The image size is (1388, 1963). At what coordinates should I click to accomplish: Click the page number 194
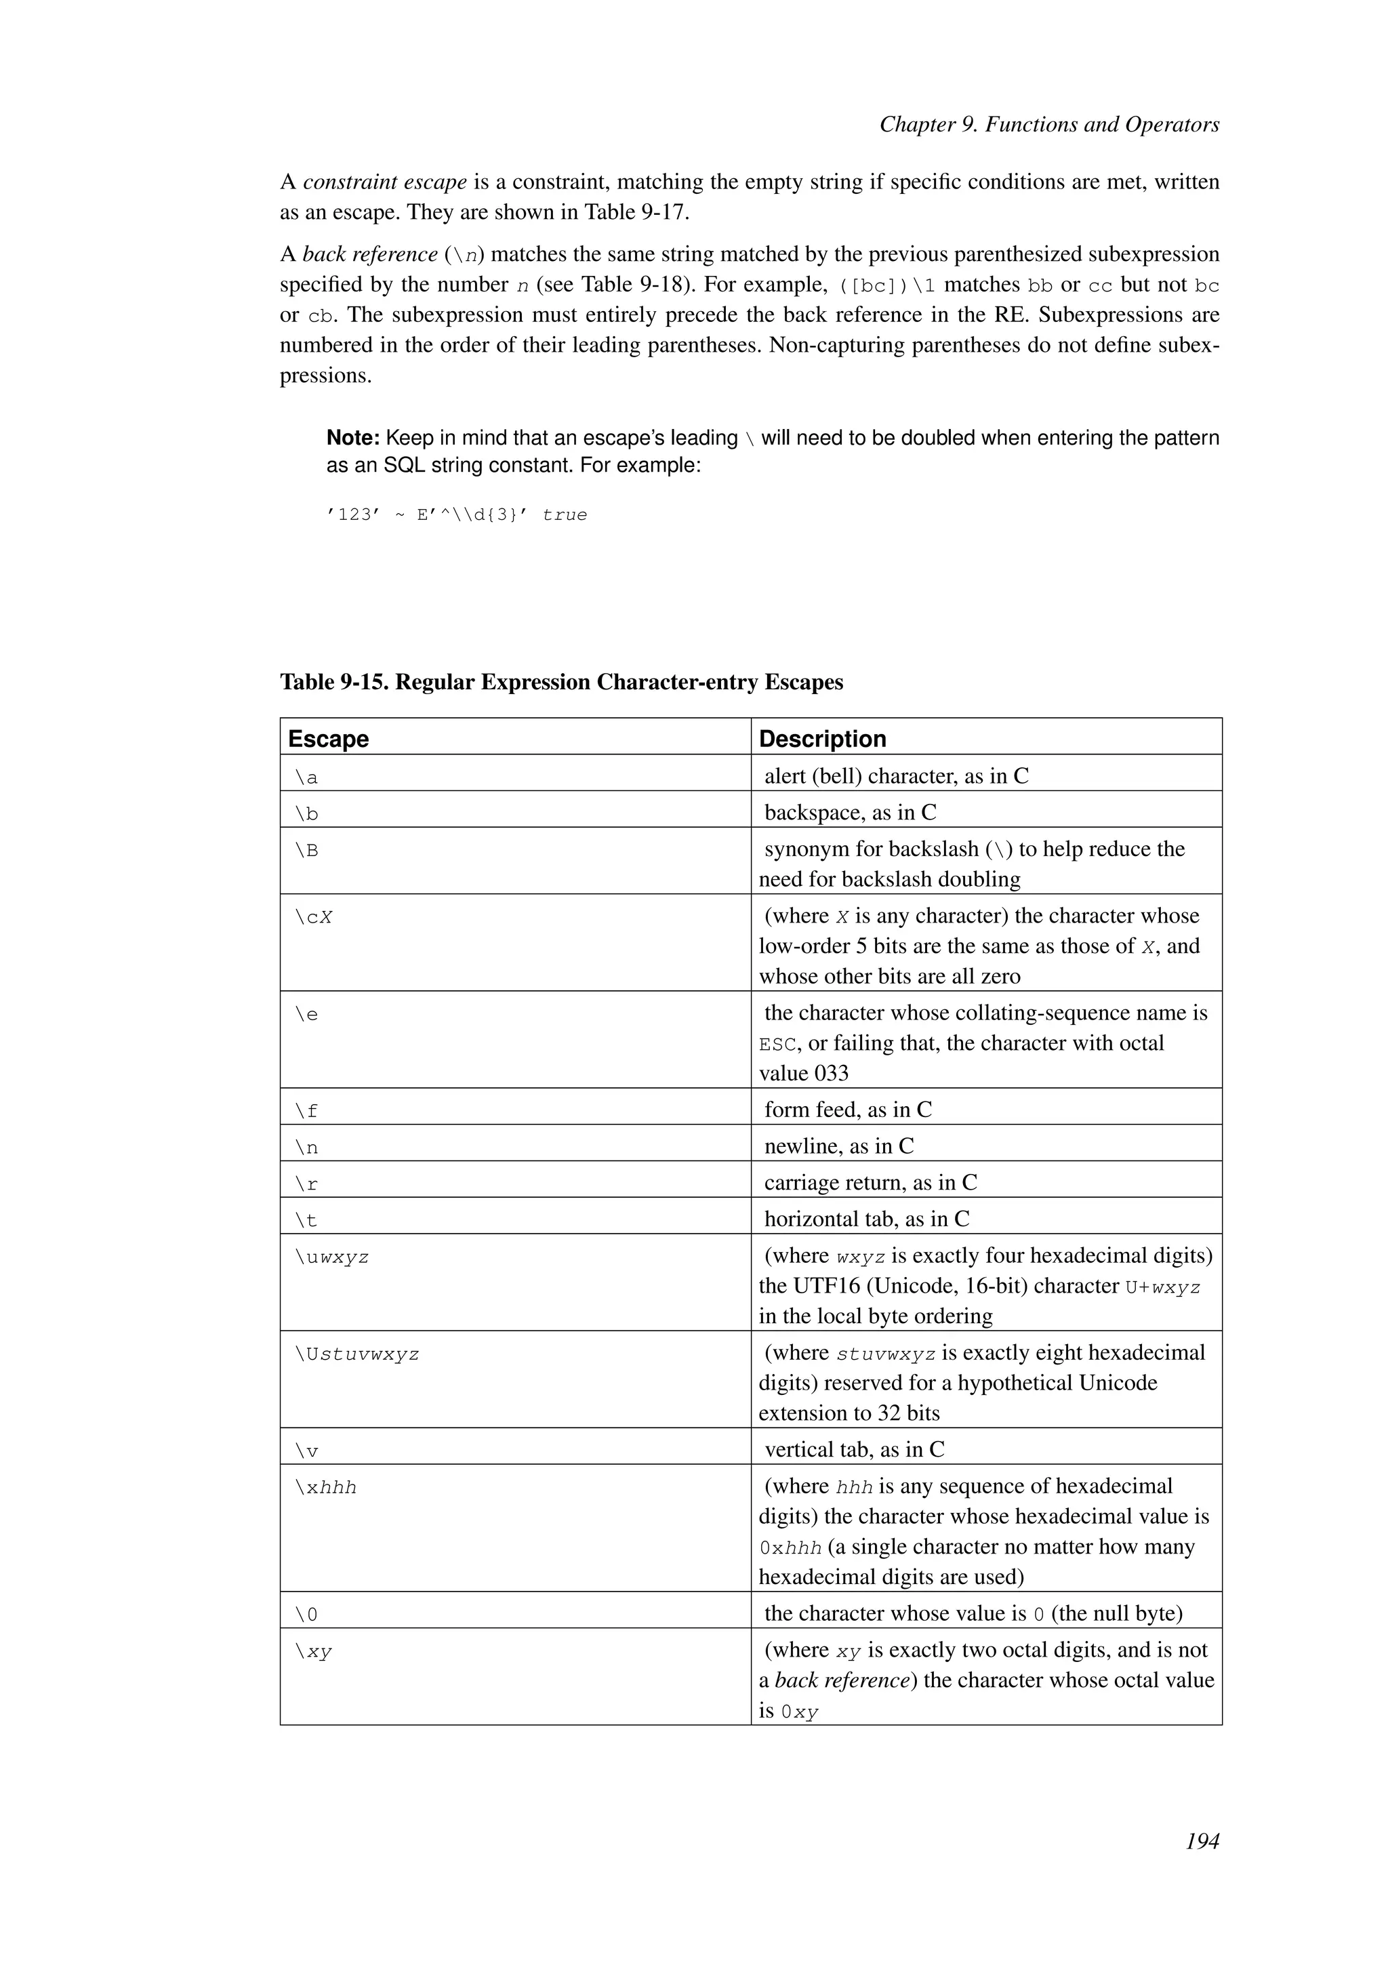click(1202, 1865)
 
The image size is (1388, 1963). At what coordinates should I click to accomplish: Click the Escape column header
click(328, 739)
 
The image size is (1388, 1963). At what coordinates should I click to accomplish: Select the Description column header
click(822, 739)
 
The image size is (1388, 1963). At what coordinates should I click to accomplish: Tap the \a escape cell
click(307, 777)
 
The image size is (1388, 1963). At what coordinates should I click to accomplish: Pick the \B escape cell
click(307, 851)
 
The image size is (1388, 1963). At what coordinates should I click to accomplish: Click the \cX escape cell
click(314, 917)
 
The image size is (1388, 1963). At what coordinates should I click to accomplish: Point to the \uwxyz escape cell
click(331, 1257)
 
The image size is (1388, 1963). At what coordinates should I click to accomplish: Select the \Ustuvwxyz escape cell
click(357, 1355)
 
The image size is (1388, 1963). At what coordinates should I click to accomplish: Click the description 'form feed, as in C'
click(848, 1110)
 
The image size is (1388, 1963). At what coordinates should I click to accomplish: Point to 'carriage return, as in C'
click(870, 1182)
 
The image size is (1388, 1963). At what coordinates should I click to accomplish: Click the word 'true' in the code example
click(564, 514)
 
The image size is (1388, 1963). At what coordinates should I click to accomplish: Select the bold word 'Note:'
click(353, 438)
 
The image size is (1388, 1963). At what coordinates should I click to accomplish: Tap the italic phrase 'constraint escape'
click(384, 182)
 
